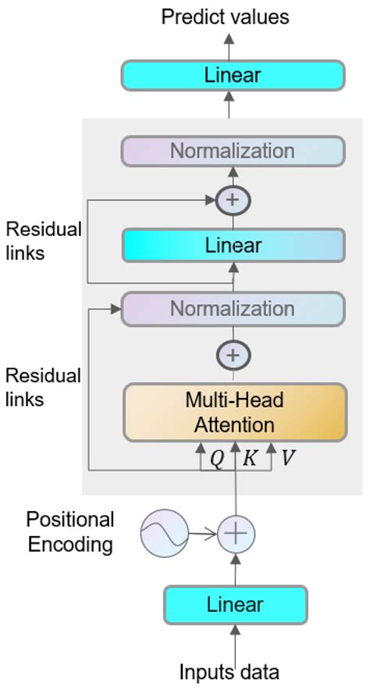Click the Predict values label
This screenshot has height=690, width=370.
(225, 16)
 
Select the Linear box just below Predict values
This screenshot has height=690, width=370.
(233, 76)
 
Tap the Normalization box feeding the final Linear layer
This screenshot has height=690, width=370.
(233, 151)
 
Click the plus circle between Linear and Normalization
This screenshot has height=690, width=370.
(232, 199)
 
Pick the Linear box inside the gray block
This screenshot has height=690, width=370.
(233, 245)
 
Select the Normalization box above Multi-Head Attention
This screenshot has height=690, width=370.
(233, 308)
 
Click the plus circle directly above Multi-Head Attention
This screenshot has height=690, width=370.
(232, 355)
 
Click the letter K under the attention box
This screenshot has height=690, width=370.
(250, 459)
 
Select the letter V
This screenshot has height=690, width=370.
(287, 459)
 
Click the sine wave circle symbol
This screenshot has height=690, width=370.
(165, 534)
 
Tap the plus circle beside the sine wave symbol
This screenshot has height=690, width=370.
(235, 534)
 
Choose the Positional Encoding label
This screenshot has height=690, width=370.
(71, 532)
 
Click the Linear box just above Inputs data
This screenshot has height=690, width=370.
(235, 604)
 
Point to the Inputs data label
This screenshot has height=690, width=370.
(229, 671)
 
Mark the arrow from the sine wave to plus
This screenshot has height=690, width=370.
(201, 534)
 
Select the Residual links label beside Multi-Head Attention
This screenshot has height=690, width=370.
(43, 388)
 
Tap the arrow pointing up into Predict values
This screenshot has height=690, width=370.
(229, 43)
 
